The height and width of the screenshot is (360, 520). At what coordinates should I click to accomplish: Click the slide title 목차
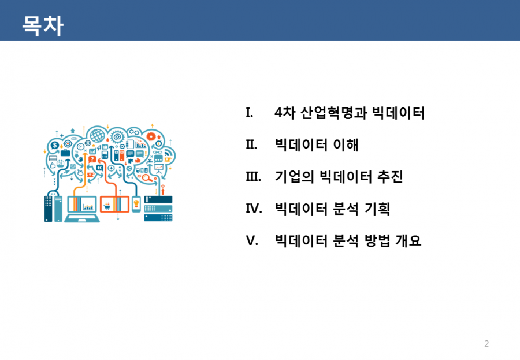click(x=42, y=25)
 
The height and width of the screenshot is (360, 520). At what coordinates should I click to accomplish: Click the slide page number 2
click(x=486, y=343)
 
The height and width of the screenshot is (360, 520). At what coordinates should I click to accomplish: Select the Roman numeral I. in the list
click(x=250, y=113)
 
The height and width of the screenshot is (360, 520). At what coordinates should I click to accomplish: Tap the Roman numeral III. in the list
click(x=254, y=176)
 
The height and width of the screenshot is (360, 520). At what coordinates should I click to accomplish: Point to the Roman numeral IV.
click(x=254, y=209)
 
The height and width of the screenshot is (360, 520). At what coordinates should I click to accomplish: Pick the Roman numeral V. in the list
click(x=252, y=240)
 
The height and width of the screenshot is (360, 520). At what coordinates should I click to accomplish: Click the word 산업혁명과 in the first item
click(x=333, y=113)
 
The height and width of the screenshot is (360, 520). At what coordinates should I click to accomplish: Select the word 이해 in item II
click(x=346, y=144)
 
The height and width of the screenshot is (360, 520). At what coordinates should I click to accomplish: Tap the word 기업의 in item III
click(x=295, y=176)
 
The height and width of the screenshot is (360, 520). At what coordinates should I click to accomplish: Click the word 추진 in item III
click(x=391, y=176)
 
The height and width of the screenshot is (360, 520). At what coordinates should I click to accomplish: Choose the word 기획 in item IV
click(x=377, y=209)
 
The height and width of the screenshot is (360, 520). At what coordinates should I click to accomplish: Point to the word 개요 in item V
click(x=408, y=240)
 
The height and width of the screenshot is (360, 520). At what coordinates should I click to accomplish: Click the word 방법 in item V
click(x=377, y=240)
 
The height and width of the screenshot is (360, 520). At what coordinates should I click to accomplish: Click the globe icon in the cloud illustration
click(x=98, y=135)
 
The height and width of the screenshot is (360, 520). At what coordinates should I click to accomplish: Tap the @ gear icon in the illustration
click(x=117, y=136)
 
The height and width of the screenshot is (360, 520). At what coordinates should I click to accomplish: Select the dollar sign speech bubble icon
click(x=54, y=145)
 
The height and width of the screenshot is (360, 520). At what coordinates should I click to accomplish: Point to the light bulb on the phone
click(x=136, y=203)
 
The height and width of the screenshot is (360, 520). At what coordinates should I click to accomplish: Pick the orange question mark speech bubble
click(x=92, y=159)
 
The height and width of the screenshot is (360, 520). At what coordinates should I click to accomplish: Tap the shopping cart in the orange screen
click(x=106, y=207)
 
